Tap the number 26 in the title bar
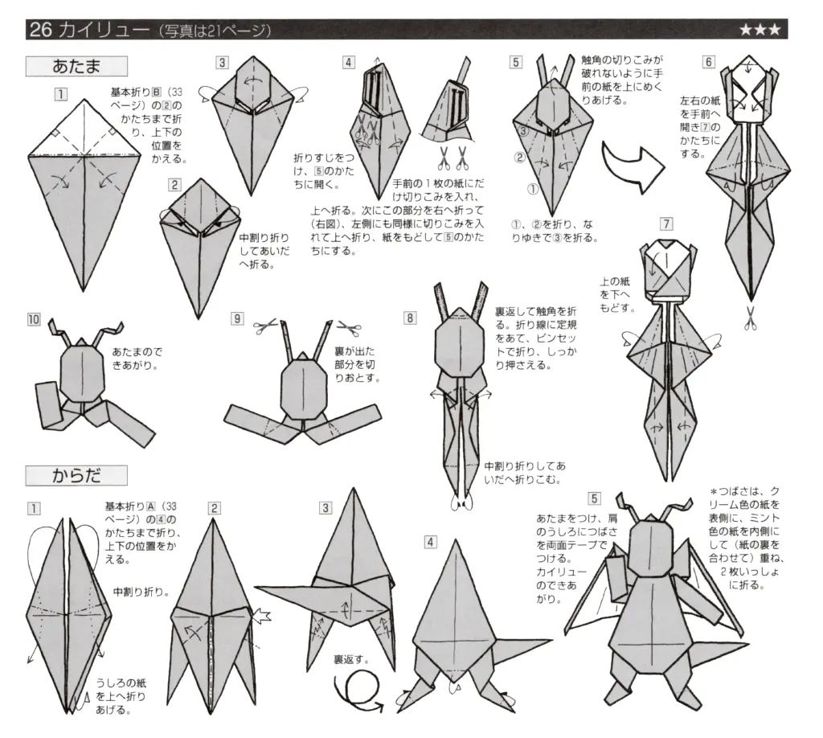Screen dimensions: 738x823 (x=40, y=31)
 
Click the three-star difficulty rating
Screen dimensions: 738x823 (x=759, y=31)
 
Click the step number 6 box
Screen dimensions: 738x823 (x=708, y=61)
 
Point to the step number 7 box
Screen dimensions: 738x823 (x=664, y=223)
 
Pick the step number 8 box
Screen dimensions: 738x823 (x=410, y=318)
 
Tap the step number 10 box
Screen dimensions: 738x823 (x=33, y=319)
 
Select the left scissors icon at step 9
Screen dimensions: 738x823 (x=264, y=328)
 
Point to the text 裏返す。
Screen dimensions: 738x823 (x=351, y=659)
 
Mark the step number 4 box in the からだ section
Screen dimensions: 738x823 (x=431, y=542)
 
